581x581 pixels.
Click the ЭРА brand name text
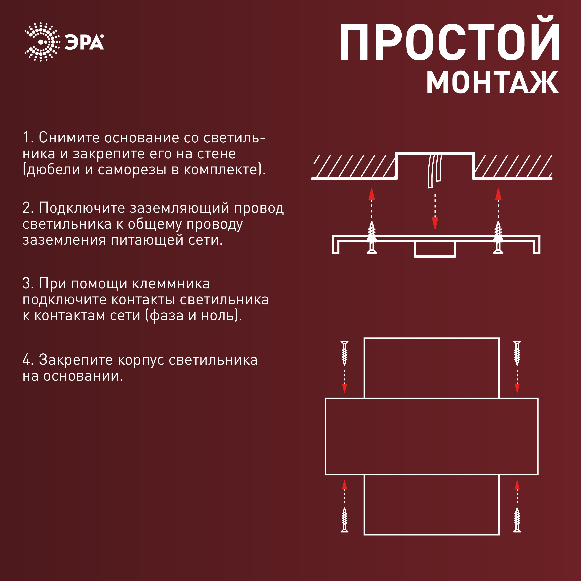(x=84, y=42)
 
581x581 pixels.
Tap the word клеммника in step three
(x=171, y=284)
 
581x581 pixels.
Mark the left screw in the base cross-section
(x=372, y=238)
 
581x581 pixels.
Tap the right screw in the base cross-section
(x=498, y=238)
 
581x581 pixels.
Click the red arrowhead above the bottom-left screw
(x=345, y=485)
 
